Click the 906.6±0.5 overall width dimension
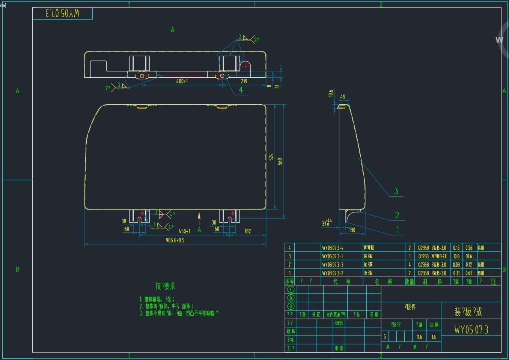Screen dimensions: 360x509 pos(175,240)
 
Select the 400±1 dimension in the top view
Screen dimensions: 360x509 pos(182,81)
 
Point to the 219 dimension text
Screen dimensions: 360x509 pos(244,81)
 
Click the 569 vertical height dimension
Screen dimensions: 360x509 pos(280,161)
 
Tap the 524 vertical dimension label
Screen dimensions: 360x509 pos(271,157)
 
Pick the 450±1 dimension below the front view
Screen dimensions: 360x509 pos(184,231)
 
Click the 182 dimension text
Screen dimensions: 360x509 pos(248,231)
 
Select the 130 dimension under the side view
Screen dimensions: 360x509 pos(352,230)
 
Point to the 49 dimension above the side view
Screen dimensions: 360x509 pos(343,97)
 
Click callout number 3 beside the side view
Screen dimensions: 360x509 pos(396,191)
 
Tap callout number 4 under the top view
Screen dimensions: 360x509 pos(241,90)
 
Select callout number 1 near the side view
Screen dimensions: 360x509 pos(398,229)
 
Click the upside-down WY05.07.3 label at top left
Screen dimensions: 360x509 pos(62,14)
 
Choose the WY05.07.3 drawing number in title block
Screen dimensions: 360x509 pos(471,330)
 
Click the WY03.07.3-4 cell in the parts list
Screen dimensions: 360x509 pos(333,248)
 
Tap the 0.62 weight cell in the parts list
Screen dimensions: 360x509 pos(469,273)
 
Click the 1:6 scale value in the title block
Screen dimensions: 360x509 pos(434,337)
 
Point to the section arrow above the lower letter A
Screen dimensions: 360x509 pos(199,218)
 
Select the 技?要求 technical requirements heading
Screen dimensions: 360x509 pos(166,286)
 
